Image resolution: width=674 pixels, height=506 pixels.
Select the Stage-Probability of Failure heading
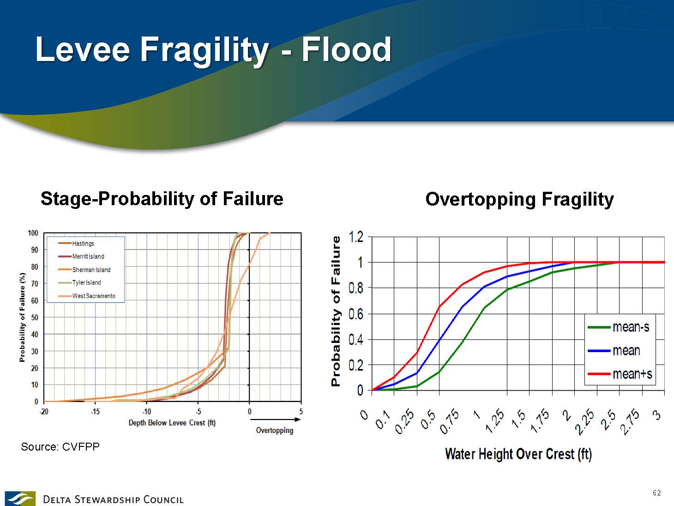(162, 198)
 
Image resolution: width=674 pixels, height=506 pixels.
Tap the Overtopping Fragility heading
(519, 199)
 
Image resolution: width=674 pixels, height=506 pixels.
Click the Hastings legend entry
(76, 244)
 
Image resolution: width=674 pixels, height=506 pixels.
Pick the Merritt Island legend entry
(81, 256)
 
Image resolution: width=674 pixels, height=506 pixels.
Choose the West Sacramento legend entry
(87, 296)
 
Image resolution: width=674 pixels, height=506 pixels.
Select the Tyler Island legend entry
(79, 283)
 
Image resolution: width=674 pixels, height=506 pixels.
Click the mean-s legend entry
(619, 327)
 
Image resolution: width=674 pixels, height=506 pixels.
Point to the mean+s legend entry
(620, 374)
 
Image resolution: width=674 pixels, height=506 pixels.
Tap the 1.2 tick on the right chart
(356, 237)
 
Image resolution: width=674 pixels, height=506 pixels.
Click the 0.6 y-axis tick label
(356, 314)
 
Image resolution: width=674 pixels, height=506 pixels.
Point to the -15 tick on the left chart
(95, 412)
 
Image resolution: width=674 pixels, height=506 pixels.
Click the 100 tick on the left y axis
(33, 233)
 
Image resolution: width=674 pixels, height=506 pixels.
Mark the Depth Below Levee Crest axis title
(172, 423)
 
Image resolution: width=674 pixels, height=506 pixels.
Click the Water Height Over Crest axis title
(518, 454)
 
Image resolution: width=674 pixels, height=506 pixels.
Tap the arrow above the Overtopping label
(276, 420)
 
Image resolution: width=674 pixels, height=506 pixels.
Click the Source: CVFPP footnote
(60, 447)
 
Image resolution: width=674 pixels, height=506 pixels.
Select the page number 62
(657, 493)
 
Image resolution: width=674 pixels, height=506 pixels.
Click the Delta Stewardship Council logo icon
(20, 499)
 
